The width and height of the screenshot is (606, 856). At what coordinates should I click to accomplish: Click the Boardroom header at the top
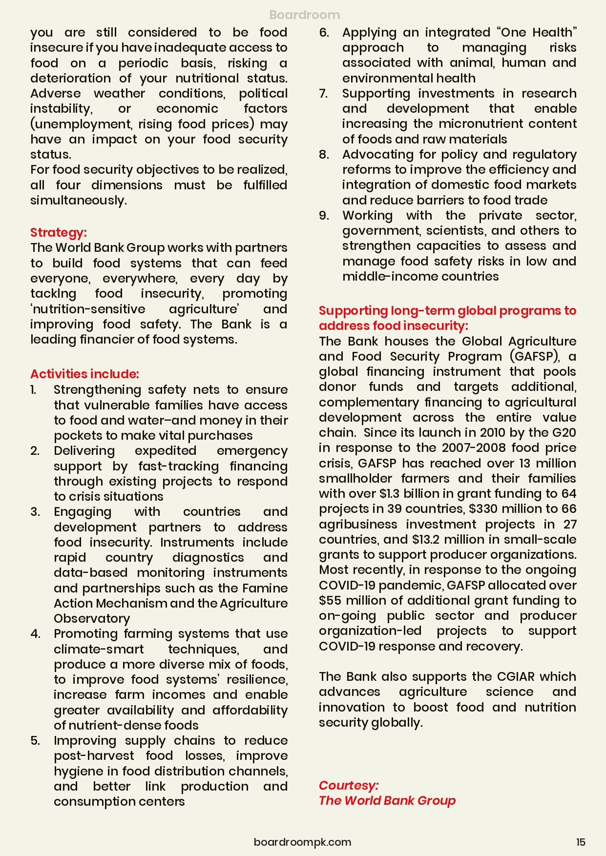click(x=304, y=15)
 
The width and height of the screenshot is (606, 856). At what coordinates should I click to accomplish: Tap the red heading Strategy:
click(x=58, y=232)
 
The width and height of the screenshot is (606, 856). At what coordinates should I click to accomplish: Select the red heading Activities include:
click(x=84, y=374)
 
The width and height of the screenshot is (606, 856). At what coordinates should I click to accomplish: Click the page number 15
click(x=580, y=842)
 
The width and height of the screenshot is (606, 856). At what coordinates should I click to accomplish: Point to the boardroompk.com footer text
click(x=302, y=842)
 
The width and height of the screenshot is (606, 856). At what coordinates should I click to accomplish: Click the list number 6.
click(x=324, y=33)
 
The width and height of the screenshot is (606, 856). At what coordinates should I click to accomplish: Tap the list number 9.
click(x=324, y=216)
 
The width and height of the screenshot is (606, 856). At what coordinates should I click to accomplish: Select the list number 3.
click(x=35, y=512)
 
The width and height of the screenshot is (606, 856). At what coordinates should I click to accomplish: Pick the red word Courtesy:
click(x=348, y=785)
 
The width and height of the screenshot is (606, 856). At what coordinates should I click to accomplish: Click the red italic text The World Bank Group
click(x=387, y=801)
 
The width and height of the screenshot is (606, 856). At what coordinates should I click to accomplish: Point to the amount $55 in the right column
click(x=330, y=601)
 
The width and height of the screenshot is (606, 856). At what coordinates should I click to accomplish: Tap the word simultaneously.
click(x=78, y=201)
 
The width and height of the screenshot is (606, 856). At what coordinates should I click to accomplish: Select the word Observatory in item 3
click(x=92, y=619)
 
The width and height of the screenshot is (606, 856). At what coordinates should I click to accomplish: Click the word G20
click(x=564, y=433)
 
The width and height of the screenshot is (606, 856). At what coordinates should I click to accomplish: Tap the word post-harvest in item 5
click(x=94, y=756)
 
